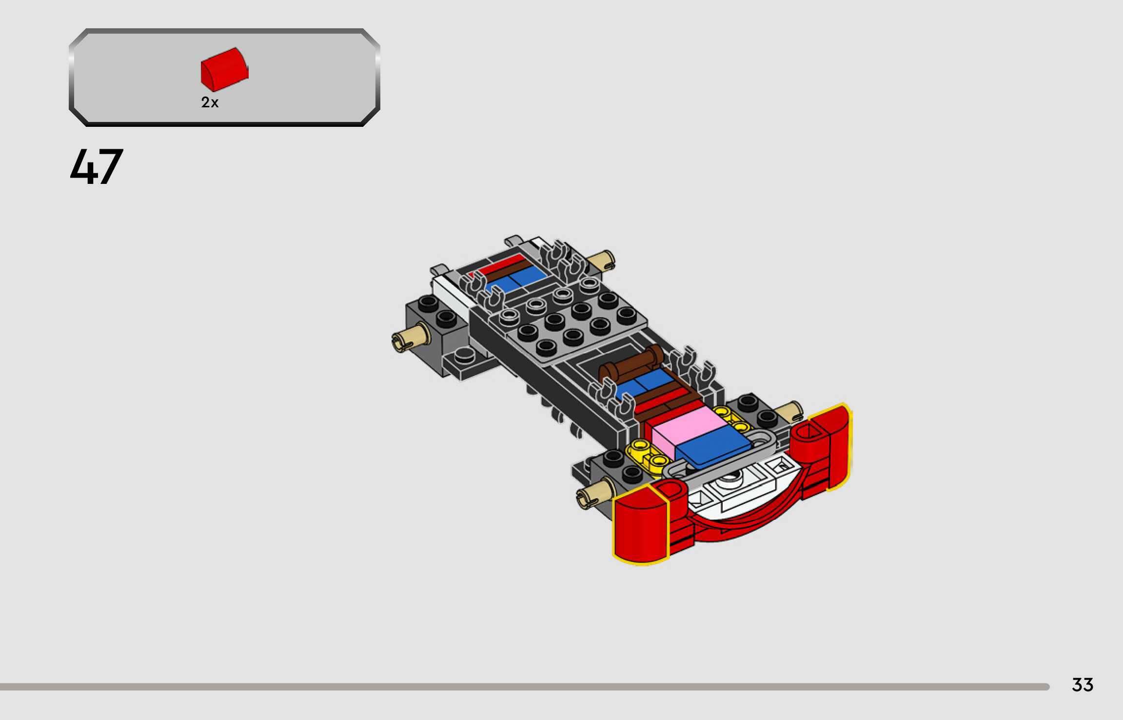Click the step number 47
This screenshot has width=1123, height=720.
(97, 166)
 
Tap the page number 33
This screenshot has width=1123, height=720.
(1083, 685)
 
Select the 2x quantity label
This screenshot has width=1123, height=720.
(210, 102)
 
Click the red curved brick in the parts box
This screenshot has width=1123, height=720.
(224, 69)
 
